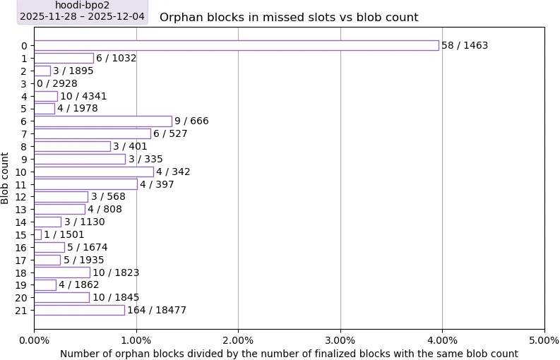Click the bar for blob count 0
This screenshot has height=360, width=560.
pyautogui.click(x=236, y=45)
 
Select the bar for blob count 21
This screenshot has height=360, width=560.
pyautogui.click(x=79, y=310)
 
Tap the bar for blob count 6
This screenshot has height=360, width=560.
pyautogui.click(x=102, y=121)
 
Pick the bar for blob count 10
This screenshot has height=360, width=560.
pyautogui.click(x=93, y=172)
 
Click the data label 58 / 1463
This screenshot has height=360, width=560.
pyautogui.click(x=465, y=45)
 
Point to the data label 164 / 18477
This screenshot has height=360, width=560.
pyautogui.click(x=157, y=310)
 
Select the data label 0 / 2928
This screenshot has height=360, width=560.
pyautogui.click(x=57, y=83)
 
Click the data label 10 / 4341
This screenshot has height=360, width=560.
pyautogui.click(x=83, y=96)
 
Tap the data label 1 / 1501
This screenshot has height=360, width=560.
pyautogui.click(x=64, y=234)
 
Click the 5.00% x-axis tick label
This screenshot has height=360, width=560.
pyautogui.click(x=544, y=340)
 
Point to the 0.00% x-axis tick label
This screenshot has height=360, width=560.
pyautogui.click(x=34, y=340)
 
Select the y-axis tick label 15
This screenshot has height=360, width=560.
pyautogui.click(x=21, y=234)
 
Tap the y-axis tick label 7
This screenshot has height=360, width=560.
pyautogui.click(x=24, y=134)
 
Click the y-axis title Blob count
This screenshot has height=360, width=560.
pyautogui.click(x=6, y=178)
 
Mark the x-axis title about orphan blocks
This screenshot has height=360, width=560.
pyautogui.click(x=289, y=354)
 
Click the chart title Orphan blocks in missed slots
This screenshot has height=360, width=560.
pyautogui.click(x=289, y=18)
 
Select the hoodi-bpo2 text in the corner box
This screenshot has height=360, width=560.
pyautogui.click(x=82, y=6)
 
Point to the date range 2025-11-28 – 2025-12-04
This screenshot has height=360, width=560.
pyautogui.click(x=82, y=16)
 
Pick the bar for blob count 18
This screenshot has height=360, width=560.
pyautogui.click(x=62, y=272)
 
